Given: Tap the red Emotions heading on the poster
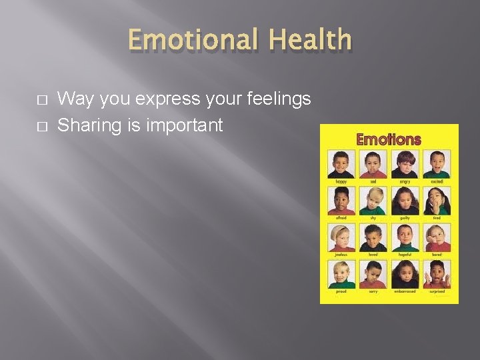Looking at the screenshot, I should [389, 140].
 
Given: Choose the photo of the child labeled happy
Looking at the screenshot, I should [341, 164].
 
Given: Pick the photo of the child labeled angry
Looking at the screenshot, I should [405, 164].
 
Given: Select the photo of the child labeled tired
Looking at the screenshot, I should [437, 201].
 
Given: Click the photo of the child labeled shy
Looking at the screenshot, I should [373, 201].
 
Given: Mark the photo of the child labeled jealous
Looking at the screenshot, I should [341, 237].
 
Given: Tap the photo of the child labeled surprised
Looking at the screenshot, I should [437, 274].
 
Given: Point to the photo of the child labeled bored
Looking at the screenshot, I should [437, 237].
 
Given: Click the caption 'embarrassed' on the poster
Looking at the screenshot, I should [405, 291].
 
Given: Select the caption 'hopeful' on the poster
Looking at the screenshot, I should [405, 254].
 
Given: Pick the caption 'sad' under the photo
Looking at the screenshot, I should [373, 181].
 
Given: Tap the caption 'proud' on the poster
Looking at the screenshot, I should [341, 291].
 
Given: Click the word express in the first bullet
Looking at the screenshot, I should [167, 99].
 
